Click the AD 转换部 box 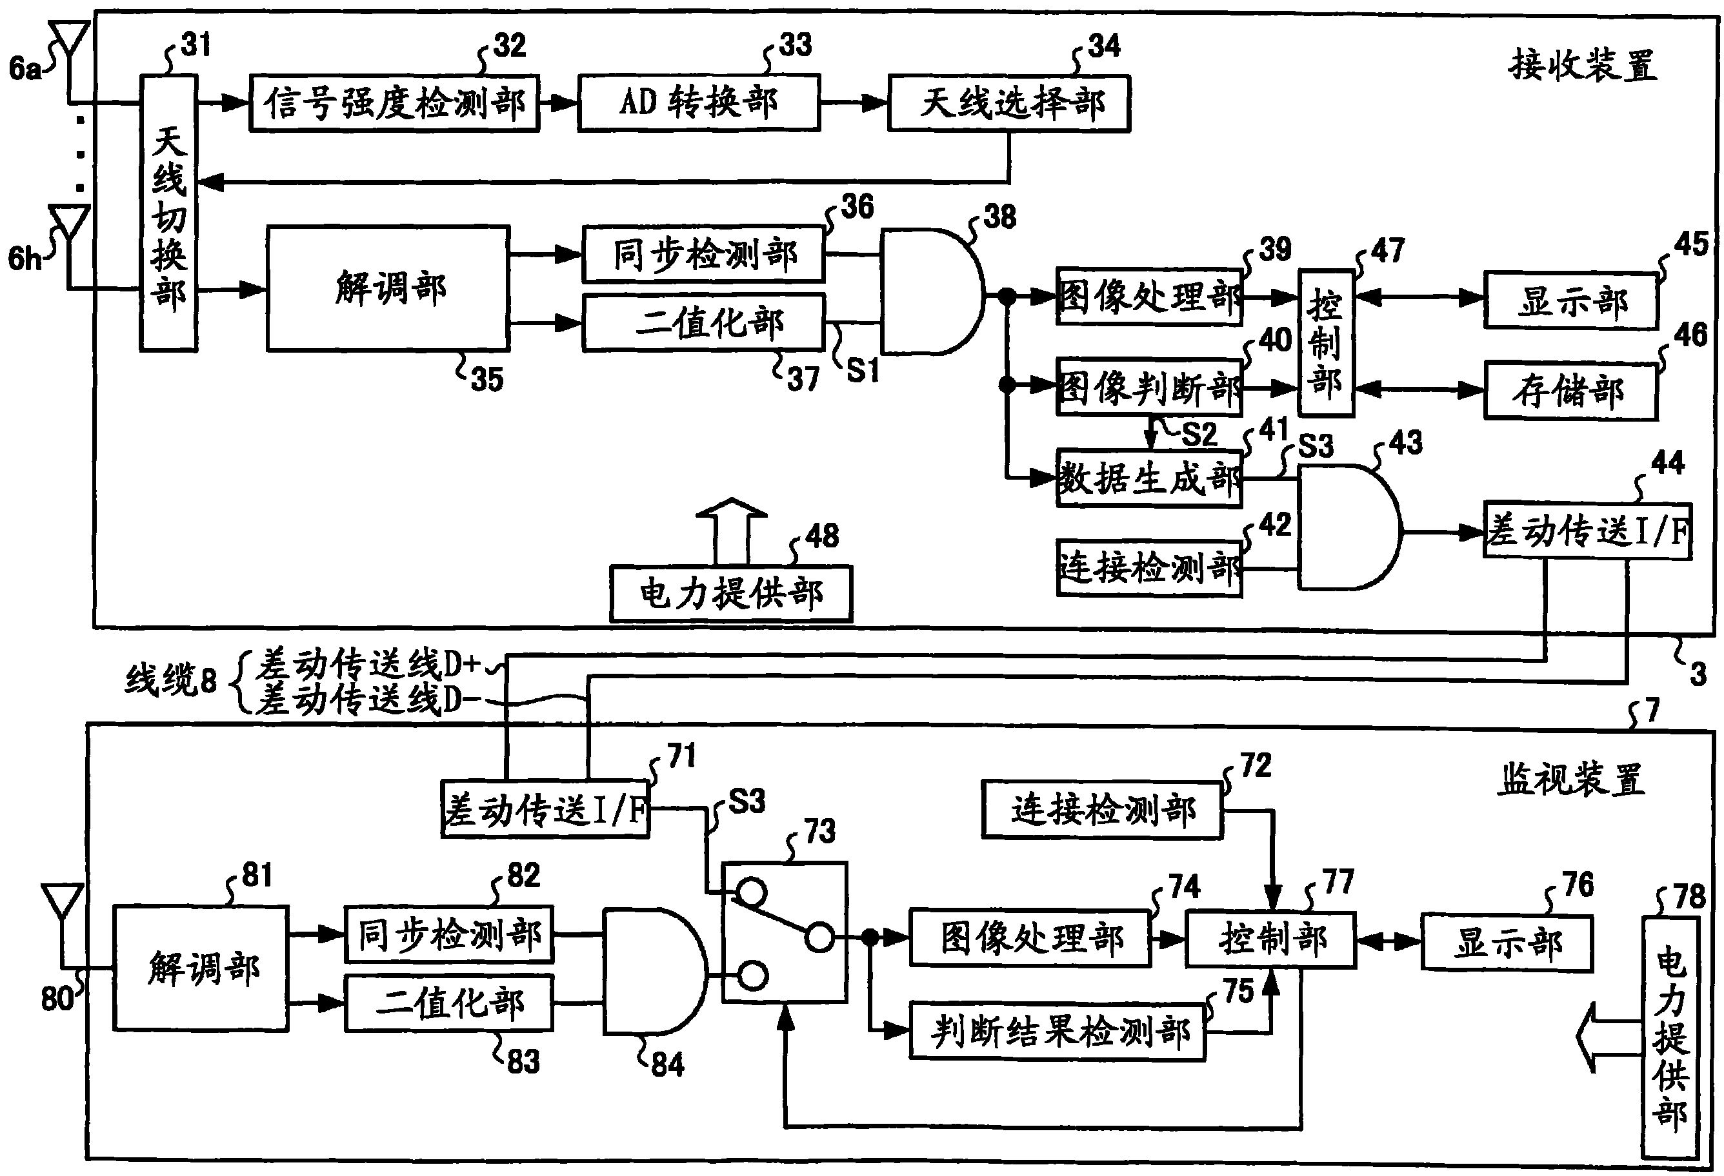coord(699,103)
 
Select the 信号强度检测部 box coord(394,103)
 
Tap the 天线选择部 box coord(1009,103)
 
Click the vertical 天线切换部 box coord(169,212)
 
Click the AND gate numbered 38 coord(932,291)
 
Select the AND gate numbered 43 coord(1349,527)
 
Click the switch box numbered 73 coord(785,932)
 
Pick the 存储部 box coord(1570,391)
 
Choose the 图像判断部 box coord(1149,387)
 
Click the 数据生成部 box coord(1149,478)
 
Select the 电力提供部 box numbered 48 coord(730,594)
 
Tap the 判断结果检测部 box coord(1057,1032)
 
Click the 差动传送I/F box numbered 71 coord(545,809)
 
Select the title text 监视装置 coord(1570,780)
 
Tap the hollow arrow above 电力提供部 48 coord(730,531)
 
